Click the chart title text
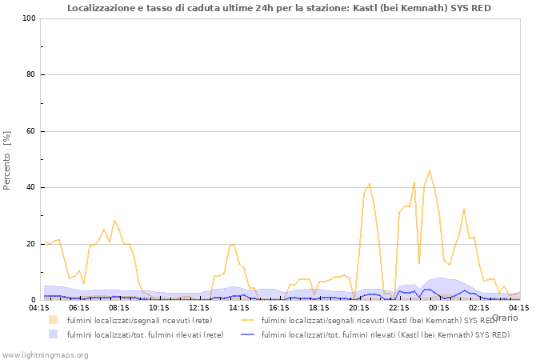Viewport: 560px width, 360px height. click(279, 8)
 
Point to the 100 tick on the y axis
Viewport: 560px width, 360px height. click(30, 18)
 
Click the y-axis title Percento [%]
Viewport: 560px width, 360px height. click(7, 160)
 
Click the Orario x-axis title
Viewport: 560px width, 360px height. click(505, 318)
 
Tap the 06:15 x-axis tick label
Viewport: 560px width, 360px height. click(79, 307)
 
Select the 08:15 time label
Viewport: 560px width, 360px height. click(119, 307)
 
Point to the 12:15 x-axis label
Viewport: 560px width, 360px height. click(199, 307)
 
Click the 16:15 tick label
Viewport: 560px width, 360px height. click(279, 307)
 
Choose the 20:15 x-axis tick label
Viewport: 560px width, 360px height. click(359, 307)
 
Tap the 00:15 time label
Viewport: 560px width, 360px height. click(439, 307)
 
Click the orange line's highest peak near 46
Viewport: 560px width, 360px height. click(430, 170)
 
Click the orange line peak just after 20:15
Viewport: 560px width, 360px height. click(369, 184)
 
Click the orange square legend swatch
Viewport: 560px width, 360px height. click(53, 320)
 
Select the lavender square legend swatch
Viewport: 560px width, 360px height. click(53, 334)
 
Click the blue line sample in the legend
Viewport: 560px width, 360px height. click(249, 334)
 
